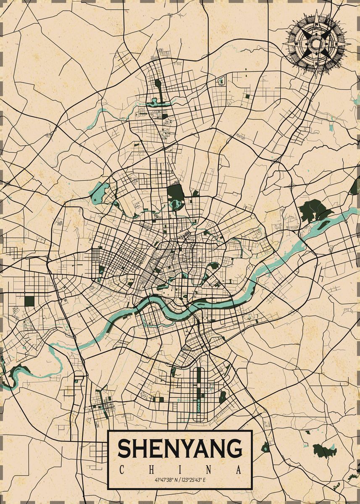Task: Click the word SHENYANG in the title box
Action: pos(180,448)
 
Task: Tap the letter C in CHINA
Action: pos(121,469)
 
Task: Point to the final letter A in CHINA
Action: pos(239,469)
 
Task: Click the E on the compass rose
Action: pos(336,43)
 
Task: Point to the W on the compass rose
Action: pos(296,43)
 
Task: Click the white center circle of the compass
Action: pos(315,43)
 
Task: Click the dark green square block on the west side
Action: pos(29,301)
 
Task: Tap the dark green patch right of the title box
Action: pos(325,451)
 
